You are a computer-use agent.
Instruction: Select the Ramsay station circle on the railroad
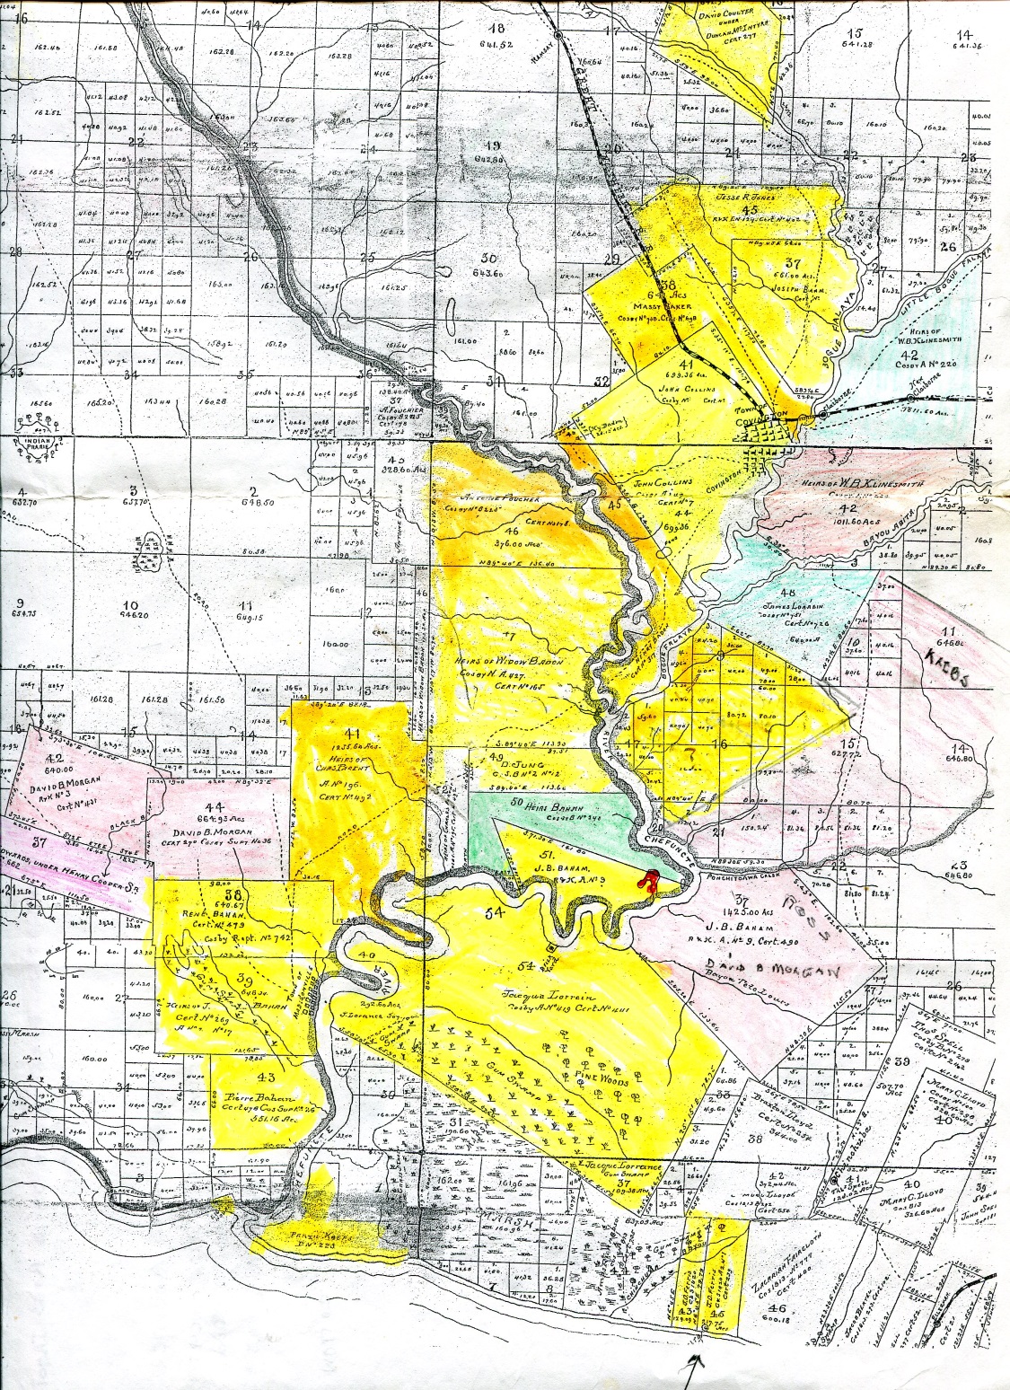558,35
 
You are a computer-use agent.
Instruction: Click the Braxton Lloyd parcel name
777,1104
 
